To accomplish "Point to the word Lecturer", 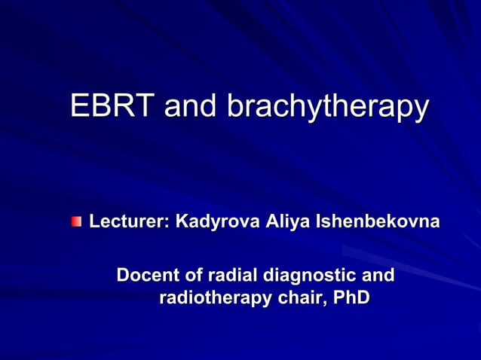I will click(x=129, y=222).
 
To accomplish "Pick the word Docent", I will click(x=147, y=275).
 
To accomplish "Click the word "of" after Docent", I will click(x=193, y=275).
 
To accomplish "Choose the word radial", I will click(x=231, y=275).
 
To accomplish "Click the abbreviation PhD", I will click(x=351, y=298).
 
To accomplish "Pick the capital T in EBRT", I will click(x=149, y=106).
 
